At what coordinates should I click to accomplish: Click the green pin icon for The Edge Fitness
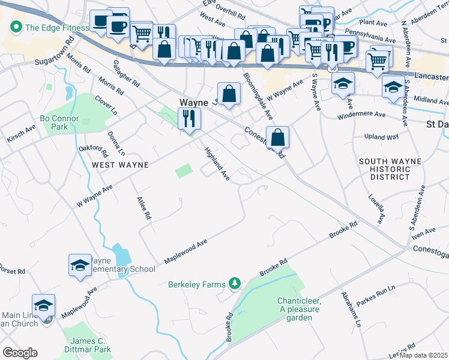click(x=15, y=27)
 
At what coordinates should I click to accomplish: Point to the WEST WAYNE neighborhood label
click(x=119, y=164)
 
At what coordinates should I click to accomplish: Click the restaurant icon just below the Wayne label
click(x=189, y=119)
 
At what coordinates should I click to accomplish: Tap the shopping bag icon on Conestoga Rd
click(x=278, y=137)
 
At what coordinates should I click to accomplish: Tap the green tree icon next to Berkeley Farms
click(x=235, y=283)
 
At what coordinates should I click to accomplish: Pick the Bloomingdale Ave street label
click(x=258, y=95)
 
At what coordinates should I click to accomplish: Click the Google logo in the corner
click(x=20, y=353)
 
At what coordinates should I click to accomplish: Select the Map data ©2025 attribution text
click(x=424, y=355)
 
